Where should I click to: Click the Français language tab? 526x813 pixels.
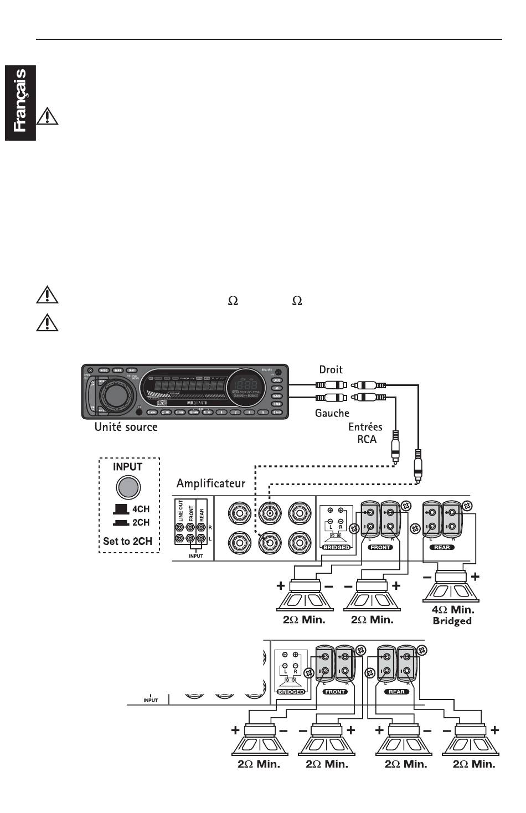[20, 102]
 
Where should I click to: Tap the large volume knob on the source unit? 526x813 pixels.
[116, 393]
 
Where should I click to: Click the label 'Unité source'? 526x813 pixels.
[126, 427]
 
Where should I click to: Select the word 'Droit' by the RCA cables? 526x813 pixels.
[331, 369]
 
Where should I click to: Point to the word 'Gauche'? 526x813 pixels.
[332, 413]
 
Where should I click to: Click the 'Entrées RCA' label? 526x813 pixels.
[365, 433]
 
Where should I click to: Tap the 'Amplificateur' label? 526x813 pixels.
[210, 483]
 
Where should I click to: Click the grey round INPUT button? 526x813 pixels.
[128, 487]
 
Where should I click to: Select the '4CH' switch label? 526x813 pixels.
[141, 509]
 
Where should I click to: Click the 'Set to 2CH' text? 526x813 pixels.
[127, 541]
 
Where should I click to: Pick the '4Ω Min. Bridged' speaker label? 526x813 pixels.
[452, 615]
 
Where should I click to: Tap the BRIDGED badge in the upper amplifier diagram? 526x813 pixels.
[336, 547]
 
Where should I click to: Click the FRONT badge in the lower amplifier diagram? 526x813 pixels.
[335, 692]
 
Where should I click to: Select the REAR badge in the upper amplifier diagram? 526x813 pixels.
[442, 547]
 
